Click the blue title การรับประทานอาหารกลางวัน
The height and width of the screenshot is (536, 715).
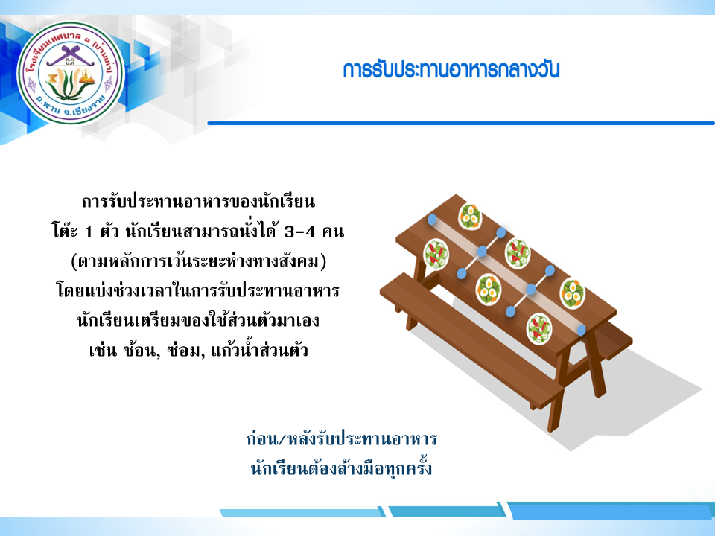(451, 70)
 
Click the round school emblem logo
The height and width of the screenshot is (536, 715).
(71, 74)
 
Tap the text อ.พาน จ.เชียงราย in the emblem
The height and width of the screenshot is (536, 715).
(71, 108)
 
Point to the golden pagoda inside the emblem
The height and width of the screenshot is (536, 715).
(87, 78)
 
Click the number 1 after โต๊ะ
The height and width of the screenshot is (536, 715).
(89, 232)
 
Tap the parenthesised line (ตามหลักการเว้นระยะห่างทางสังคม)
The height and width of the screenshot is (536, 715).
(199, 261)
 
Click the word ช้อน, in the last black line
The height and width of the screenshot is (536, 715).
(141, 350)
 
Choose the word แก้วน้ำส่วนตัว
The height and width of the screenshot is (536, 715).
(259, 349)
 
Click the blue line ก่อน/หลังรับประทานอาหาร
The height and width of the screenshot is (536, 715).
(342, 439)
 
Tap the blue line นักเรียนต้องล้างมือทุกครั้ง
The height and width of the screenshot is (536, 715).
(341, 468)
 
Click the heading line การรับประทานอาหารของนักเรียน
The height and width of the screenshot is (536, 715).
(198, 201)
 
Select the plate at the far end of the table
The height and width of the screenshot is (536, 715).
(470, 216)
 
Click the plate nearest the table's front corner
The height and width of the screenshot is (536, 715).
(539, 328)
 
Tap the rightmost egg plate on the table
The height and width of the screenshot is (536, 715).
(572, 293)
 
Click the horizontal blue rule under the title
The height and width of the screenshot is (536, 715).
(461, 123)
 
